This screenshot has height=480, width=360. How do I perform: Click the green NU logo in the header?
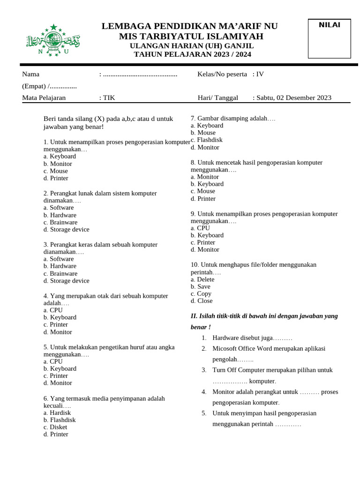[x=52, y=40]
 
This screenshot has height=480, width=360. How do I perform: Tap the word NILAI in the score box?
[x=330, y=25]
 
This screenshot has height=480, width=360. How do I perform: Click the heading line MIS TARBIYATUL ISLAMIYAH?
[x=191, y=37]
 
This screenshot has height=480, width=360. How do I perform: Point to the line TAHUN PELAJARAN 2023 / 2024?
[x=192, y=54]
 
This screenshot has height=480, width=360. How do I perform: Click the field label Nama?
[x=31, y=74]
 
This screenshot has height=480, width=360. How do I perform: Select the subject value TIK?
[x=109, y=98]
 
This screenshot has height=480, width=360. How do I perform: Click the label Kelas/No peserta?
[x=222, y=74]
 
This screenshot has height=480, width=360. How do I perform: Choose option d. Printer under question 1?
[x=56, y=178]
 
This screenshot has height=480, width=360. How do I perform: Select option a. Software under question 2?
[x=59, y=208]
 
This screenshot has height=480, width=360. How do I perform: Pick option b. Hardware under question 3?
[x=60, y=266]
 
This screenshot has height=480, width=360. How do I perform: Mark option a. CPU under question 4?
[x=53, y=310]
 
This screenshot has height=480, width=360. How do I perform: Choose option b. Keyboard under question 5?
[x=60, y=369]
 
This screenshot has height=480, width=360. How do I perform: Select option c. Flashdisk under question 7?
[x=207, y=140]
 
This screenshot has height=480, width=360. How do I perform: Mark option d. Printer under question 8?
[x=203, y=199]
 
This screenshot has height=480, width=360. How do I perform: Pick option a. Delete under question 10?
[x=202, y=279]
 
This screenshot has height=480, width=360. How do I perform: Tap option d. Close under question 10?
[x=202, y=301]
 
